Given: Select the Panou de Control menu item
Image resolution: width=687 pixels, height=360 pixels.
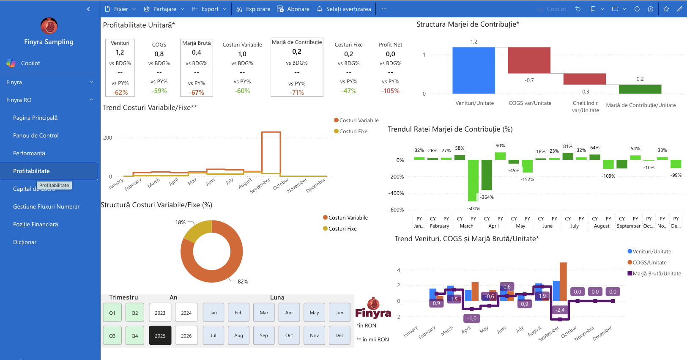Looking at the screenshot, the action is click(36, 135).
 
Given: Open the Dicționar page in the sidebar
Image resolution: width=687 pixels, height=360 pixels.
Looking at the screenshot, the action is click(25, 242).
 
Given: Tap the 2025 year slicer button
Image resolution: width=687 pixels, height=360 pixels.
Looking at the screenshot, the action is click(160, 335).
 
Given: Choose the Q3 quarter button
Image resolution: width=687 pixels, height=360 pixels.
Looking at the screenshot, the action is click(112, 335).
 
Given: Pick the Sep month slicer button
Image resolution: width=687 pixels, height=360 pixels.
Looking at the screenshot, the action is click(264, 335).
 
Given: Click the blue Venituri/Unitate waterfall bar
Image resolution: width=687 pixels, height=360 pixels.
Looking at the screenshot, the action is click(474, 70).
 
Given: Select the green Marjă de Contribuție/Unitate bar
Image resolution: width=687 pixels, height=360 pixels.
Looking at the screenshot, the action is click(640, 89).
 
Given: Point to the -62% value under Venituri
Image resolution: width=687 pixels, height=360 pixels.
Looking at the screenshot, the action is click(120, 92).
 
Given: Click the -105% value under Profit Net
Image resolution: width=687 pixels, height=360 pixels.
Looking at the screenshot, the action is click(390, 91).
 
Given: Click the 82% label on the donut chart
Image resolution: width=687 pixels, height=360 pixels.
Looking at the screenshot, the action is click(243, 281).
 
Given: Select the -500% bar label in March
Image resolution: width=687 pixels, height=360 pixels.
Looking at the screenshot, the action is click(473, 209).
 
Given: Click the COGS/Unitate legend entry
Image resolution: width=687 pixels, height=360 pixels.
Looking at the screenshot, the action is click(647, 262).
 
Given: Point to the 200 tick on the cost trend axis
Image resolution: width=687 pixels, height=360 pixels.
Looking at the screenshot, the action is click(108, 138).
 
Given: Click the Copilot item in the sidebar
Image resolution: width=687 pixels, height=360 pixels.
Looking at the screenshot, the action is click(30, 63).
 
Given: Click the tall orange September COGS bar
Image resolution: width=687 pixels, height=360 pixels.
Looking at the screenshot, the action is click(563, 281).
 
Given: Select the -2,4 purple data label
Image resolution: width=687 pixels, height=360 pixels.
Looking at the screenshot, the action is click(560, 310).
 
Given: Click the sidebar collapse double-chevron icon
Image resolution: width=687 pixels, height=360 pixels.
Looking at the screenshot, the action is click(88, 9).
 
